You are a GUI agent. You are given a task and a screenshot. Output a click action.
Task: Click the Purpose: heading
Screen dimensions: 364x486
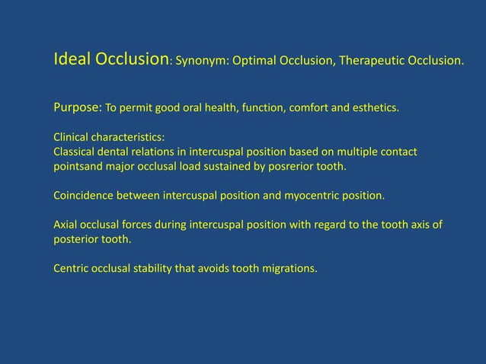[x=77, y=107]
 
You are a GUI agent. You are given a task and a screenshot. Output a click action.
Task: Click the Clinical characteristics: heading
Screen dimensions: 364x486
[x=108, y=139]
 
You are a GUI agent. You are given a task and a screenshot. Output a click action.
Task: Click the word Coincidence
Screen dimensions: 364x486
[x=83, y=195]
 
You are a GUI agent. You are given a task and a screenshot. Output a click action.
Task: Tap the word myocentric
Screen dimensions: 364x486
[x=309, y=195]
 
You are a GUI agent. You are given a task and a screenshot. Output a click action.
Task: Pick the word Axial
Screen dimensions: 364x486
[x=66, y=225]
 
